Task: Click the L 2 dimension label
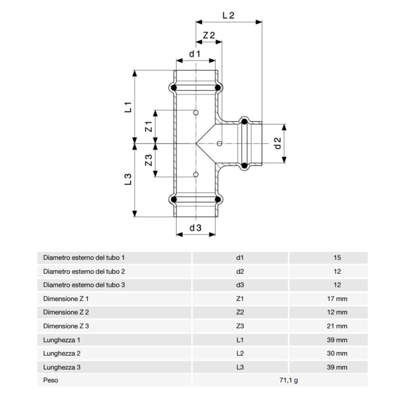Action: pos(229,15)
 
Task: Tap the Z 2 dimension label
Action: pos(209,36)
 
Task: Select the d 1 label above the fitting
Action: pos(195,54)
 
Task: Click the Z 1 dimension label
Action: pos(148,126)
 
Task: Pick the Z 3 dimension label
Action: pos(148,160)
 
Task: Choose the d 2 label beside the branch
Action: pos(278,144)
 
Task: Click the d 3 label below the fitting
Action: pos(196,228)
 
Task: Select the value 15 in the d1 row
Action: pos(337,258)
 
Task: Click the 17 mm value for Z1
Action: pos(337,299)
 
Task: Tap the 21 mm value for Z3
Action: pos(337,326)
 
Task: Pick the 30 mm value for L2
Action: pos(337,354)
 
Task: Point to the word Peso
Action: pos(50,381)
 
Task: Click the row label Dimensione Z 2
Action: pos(66,312)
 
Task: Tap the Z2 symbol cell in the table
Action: pos(240,312)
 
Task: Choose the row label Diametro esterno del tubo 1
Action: pos(83,258)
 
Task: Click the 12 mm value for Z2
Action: pos(337,312)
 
